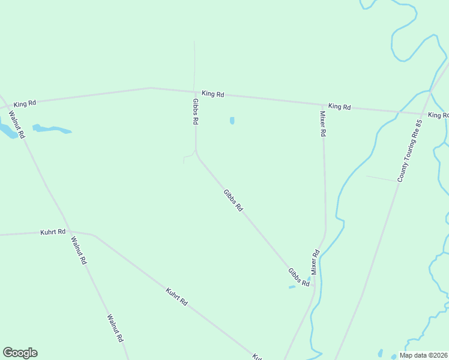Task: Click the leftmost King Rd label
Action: click(25, 104)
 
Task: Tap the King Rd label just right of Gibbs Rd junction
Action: click(212, 94)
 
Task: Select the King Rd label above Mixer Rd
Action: click(339, 106)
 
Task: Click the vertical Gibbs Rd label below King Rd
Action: click(195, 112)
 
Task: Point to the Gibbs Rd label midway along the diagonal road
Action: click(233, 200)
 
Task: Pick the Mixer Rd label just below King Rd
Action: click(322, 124)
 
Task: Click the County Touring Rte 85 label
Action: click(411, 151)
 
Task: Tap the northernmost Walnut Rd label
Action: click(16, 125)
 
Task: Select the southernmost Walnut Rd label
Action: click(116, 328)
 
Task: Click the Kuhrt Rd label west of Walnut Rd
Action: click(53, 232)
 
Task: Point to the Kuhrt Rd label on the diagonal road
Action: click(176, 297)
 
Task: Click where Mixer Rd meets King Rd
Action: click(322, 104)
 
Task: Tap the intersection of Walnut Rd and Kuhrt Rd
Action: click(68, 231)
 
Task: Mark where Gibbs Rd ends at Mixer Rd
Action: click(313, 285)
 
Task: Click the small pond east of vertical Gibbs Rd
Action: click(232, 121)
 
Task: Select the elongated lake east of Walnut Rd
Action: click(51, 129)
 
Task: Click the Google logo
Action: click(20, 353)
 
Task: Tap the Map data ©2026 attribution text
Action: click(423, 355)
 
